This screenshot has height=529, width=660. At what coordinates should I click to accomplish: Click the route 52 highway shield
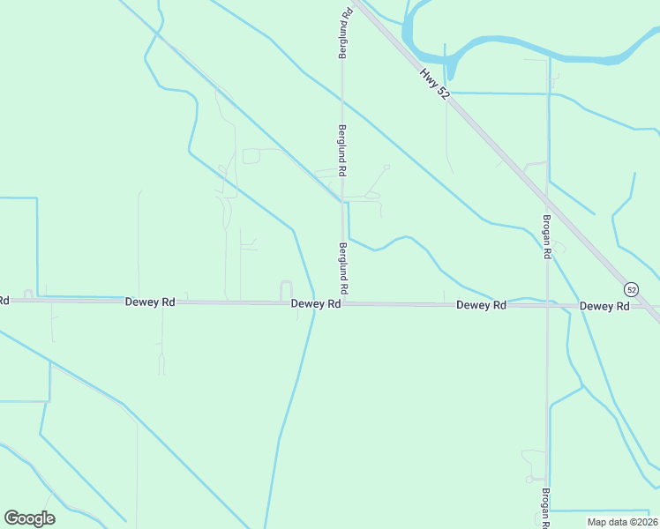tap(631, 289)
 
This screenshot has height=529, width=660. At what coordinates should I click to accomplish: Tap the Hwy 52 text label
tap(433, 84)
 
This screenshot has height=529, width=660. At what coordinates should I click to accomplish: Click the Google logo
tap(29, 518)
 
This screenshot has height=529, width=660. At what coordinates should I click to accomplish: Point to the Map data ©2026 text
tap(621, 522)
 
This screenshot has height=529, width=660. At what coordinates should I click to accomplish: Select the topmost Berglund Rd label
tap(346, 34)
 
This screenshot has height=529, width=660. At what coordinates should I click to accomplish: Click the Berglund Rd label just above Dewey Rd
tap(342, 269)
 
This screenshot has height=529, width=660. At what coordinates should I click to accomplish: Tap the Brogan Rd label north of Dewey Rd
tap(547, 236)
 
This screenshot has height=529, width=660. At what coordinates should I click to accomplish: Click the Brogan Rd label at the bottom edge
tap(547, 510)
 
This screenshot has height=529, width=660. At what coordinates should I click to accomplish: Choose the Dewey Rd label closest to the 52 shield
tap(604, 306)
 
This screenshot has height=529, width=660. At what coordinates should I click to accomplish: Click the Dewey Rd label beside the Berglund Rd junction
tap(316, 303)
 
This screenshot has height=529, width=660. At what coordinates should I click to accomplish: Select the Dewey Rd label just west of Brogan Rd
tap(481, 305)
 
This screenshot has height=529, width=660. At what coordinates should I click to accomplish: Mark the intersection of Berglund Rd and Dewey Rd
tap(342, 303)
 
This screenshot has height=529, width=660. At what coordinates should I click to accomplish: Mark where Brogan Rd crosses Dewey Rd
tap(547, 305)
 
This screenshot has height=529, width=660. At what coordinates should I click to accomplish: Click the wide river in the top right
tap(529, 48)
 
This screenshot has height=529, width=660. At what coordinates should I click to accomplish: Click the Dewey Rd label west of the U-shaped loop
tap(149, 302)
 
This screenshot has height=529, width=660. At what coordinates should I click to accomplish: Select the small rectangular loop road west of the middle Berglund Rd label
tap(251, 156)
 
